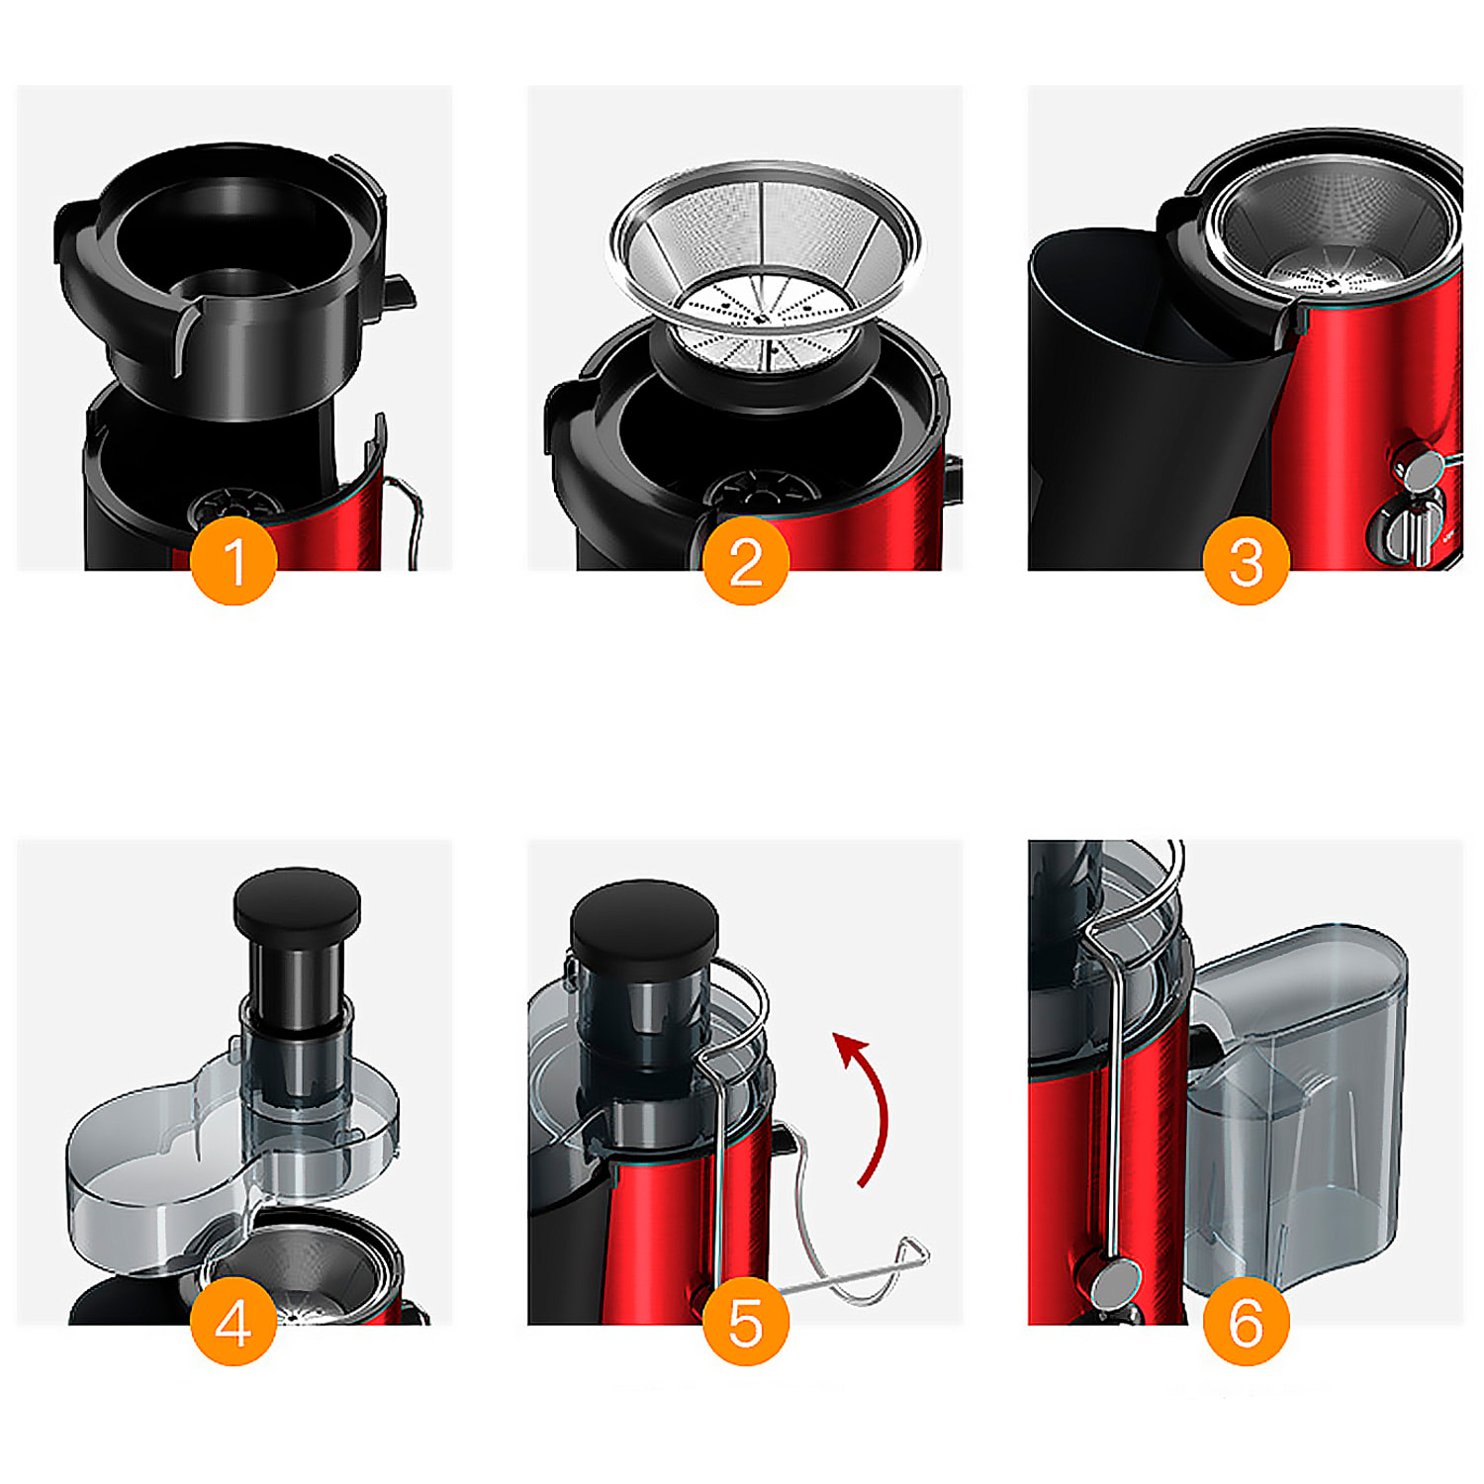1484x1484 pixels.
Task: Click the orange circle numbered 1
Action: [x=233, y=560]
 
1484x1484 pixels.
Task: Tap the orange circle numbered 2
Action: [x=746, y=560]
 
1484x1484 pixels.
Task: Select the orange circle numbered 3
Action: [x=1246, y=560]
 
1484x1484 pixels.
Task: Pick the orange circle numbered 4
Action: [x=233, y=1321]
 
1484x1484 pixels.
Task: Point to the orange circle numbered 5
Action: [x=746, y=1321]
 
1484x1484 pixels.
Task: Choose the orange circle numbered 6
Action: [x=1246, y=1321]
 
